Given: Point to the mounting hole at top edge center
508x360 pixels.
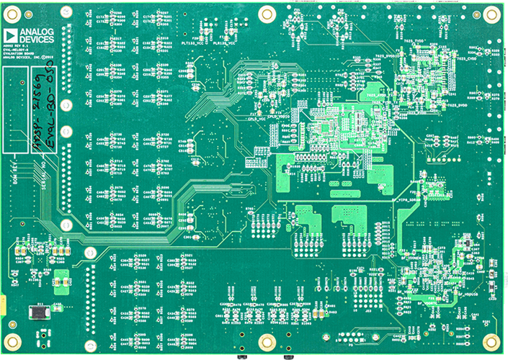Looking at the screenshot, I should (267, 13).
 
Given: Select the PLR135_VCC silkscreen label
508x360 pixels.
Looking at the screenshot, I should (226, 42).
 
